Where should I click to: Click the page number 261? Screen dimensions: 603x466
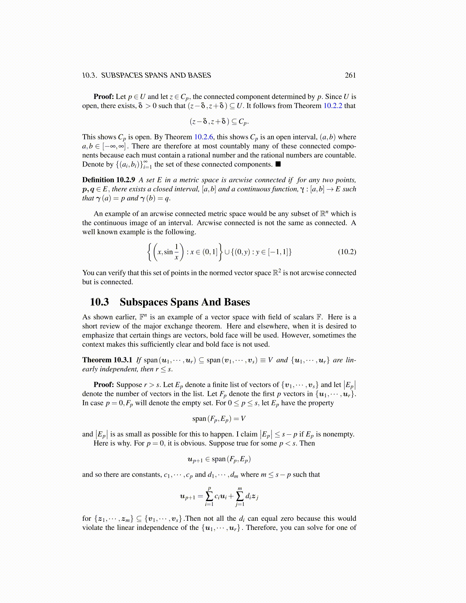350,75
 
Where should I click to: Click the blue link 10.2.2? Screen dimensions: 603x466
333,106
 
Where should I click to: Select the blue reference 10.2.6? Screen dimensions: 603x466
204,137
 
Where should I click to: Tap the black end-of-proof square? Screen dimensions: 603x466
278,164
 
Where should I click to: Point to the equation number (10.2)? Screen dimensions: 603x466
347,252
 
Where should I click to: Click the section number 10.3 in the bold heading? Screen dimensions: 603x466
99,302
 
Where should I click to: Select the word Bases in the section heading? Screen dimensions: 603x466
237,302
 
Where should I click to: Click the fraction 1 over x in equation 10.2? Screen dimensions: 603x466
176,252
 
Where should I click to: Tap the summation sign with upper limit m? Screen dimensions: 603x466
240,496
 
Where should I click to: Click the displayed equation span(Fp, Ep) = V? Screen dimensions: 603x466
219,419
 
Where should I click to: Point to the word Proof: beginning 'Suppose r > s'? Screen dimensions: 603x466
104,385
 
